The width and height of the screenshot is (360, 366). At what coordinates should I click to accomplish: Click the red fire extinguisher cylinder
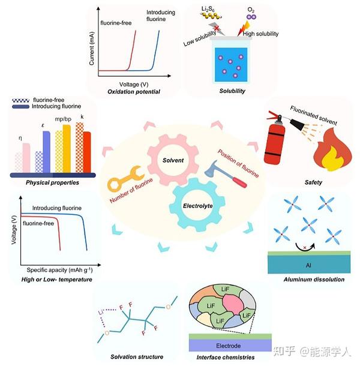(275, 144)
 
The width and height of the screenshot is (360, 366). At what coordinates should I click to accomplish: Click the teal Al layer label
(308, 265)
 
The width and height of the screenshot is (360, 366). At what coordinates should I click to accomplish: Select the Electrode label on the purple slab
(228, 346)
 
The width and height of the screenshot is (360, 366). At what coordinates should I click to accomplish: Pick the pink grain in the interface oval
(233, 304)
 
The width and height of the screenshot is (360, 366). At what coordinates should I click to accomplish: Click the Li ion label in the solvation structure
(101, 312)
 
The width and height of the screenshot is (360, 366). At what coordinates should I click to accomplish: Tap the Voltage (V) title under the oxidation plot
(134, 84)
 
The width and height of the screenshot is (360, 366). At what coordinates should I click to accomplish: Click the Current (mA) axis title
(92, 49)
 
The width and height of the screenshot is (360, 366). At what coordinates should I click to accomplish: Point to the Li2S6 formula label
(208, 10)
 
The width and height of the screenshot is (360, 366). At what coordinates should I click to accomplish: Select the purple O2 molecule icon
(251, 17)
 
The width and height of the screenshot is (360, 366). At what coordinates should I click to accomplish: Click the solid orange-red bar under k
(87, 152)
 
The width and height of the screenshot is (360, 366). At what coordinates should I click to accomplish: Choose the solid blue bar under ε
(46, 152)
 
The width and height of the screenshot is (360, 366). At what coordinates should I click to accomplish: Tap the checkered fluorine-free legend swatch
(21, 100)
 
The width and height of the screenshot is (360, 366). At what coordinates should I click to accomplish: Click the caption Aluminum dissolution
(314, 280)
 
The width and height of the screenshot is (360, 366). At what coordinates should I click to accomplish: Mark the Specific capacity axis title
(60, 270)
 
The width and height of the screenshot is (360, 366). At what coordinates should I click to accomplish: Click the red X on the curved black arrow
(305, 247)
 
